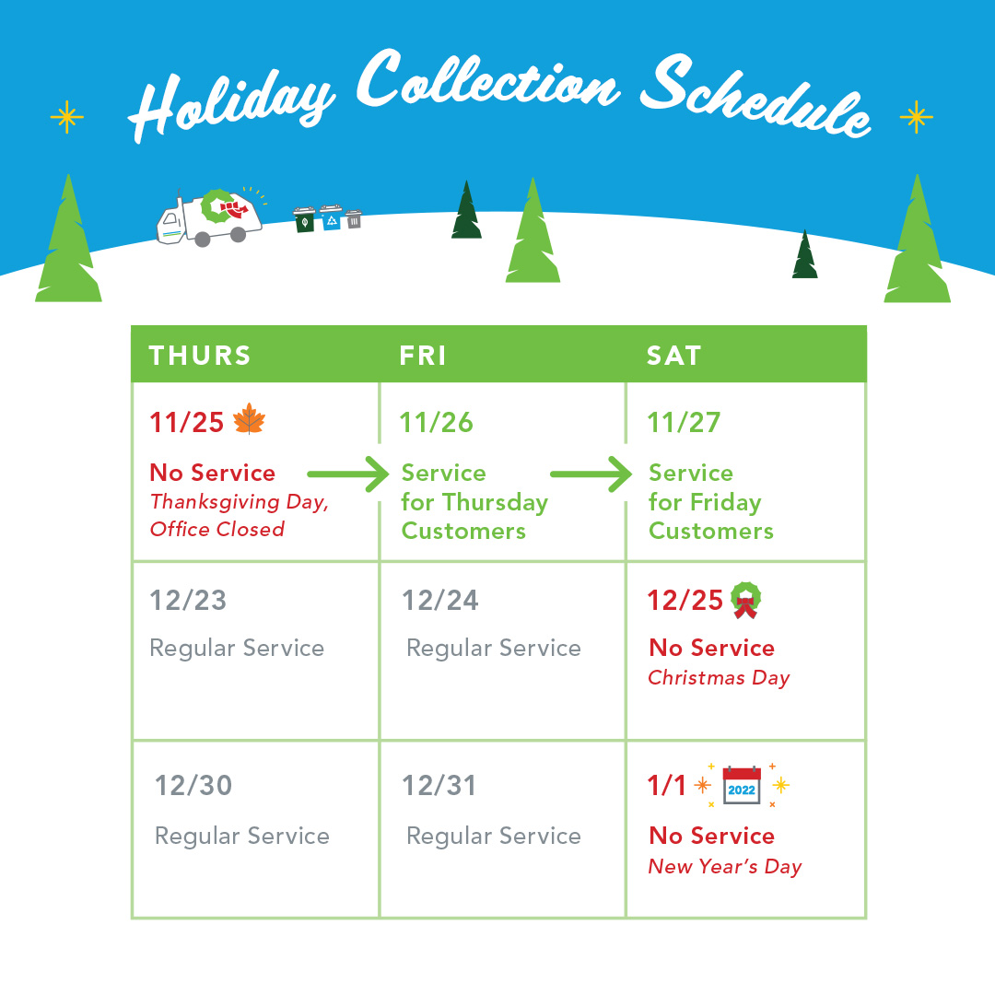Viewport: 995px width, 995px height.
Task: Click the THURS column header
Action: click(200, 356)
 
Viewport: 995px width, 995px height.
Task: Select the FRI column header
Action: click(423, 356)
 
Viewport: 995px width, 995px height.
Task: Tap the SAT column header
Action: click(673, 356)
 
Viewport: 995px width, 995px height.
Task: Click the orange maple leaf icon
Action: click(250, 419)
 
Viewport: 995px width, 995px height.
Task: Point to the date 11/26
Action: click(437, 423)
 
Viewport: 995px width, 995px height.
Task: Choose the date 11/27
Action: click(684, 423)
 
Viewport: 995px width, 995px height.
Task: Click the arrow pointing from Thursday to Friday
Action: click(347, 474)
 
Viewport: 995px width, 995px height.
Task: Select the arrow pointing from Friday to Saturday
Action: click(591, 474)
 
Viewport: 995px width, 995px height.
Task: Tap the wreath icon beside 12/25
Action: click(745, 600)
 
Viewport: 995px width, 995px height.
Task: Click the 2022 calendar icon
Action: click(742, 785)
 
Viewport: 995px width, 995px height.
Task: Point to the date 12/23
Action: click(188, 601)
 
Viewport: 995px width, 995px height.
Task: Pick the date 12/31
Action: click(439, 786)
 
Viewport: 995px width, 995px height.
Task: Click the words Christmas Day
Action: click(719, 678)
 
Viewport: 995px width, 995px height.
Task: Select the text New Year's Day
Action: click(725, 867)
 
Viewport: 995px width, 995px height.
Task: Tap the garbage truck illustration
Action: click(209, 217)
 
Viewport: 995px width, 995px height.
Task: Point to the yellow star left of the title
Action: click(66, 117)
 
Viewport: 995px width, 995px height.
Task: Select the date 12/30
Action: click(193, 786)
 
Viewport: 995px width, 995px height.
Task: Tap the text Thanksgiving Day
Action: click(240, 502)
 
